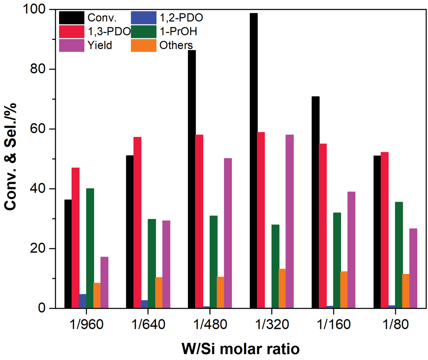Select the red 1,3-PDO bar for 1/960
point(75,238)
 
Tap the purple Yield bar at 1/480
point(228,233)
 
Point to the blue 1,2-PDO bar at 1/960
point(83,301)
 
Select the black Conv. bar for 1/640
point(130,231)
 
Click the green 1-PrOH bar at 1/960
point(90,248)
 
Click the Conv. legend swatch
point(72,18)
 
